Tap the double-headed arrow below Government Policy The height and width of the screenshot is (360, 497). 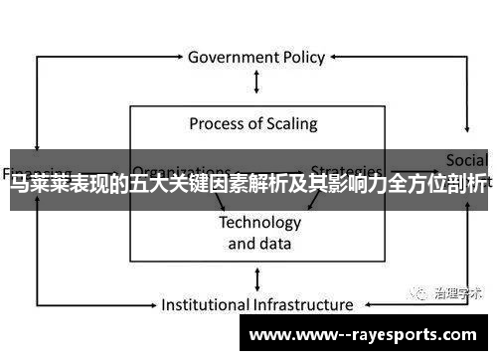(x=255, y=82)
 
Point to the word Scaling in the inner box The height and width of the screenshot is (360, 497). (x=287, y=124)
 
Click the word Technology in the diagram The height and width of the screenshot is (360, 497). (x=259, y=222)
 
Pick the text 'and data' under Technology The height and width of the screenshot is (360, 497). (x=259, y=243)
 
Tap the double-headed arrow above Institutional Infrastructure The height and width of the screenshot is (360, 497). (x=256, y=278)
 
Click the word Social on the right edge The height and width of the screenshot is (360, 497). (x=466, y=160)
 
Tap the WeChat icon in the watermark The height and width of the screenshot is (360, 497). (x=412, y=292)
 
